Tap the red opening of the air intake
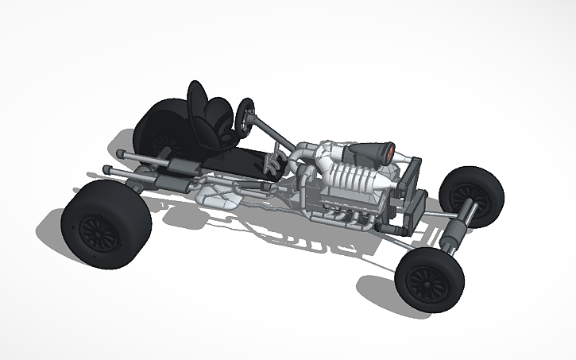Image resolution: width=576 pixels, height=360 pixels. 390,151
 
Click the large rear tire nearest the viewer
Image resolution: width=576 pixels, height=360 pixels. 105,224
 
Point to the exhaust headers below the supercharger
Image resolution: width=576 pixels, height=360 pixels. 338,211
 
